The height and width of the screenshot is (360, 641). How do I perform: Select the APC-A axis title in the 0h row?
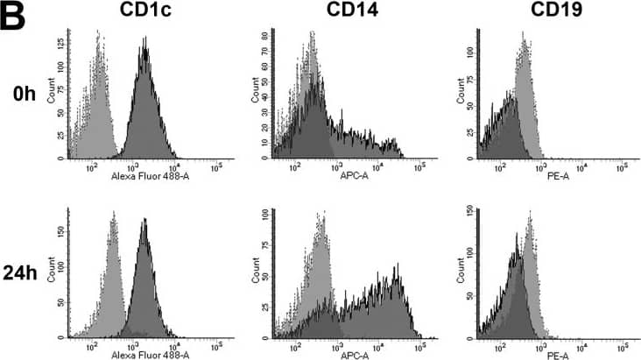point(346,175)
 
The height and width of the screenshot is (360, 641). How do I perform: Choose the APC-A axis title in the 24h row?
point(346,354)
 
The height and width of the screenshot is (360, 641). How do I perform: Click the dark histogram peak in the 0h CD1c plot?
point(145,53)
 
